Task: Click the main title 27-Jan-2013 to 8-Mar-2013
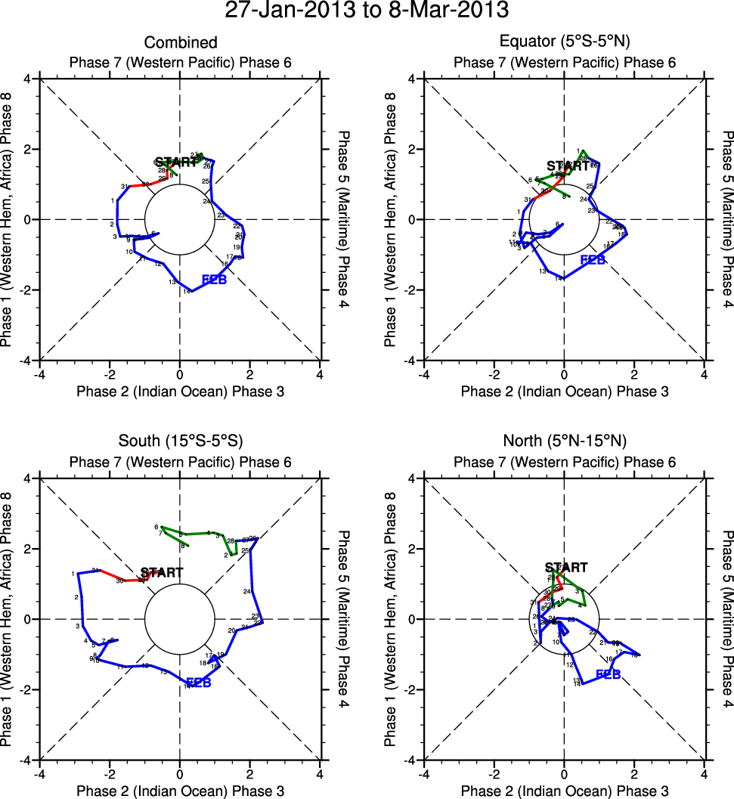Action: (367, 11)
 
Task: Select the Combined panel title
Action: (181, 42)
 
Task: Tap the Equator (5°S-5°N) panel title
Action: (565, 42)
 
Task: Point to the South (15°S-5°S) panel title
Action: (181, 441)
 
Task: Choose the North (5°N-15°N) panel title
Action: (565, 441)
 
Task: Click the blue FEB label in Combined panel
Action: (214, 281)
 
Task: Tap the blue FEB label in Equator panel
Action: (593, 260)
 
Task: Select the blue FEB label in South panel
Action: (198, 683)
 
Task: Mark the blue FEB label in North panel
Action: (609, 674)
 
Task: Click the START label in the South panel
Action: (162, 573)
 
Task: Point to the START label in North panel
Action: (566, 568)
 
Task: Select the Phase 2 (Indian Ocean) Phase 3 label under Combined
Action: (181, 391)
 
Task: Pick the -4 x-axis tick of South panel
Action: (39, 773)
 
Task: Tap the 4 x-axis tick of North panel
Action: (705, 773)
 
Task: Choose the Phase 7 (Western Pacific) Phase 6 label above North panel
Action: (565, 461)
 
